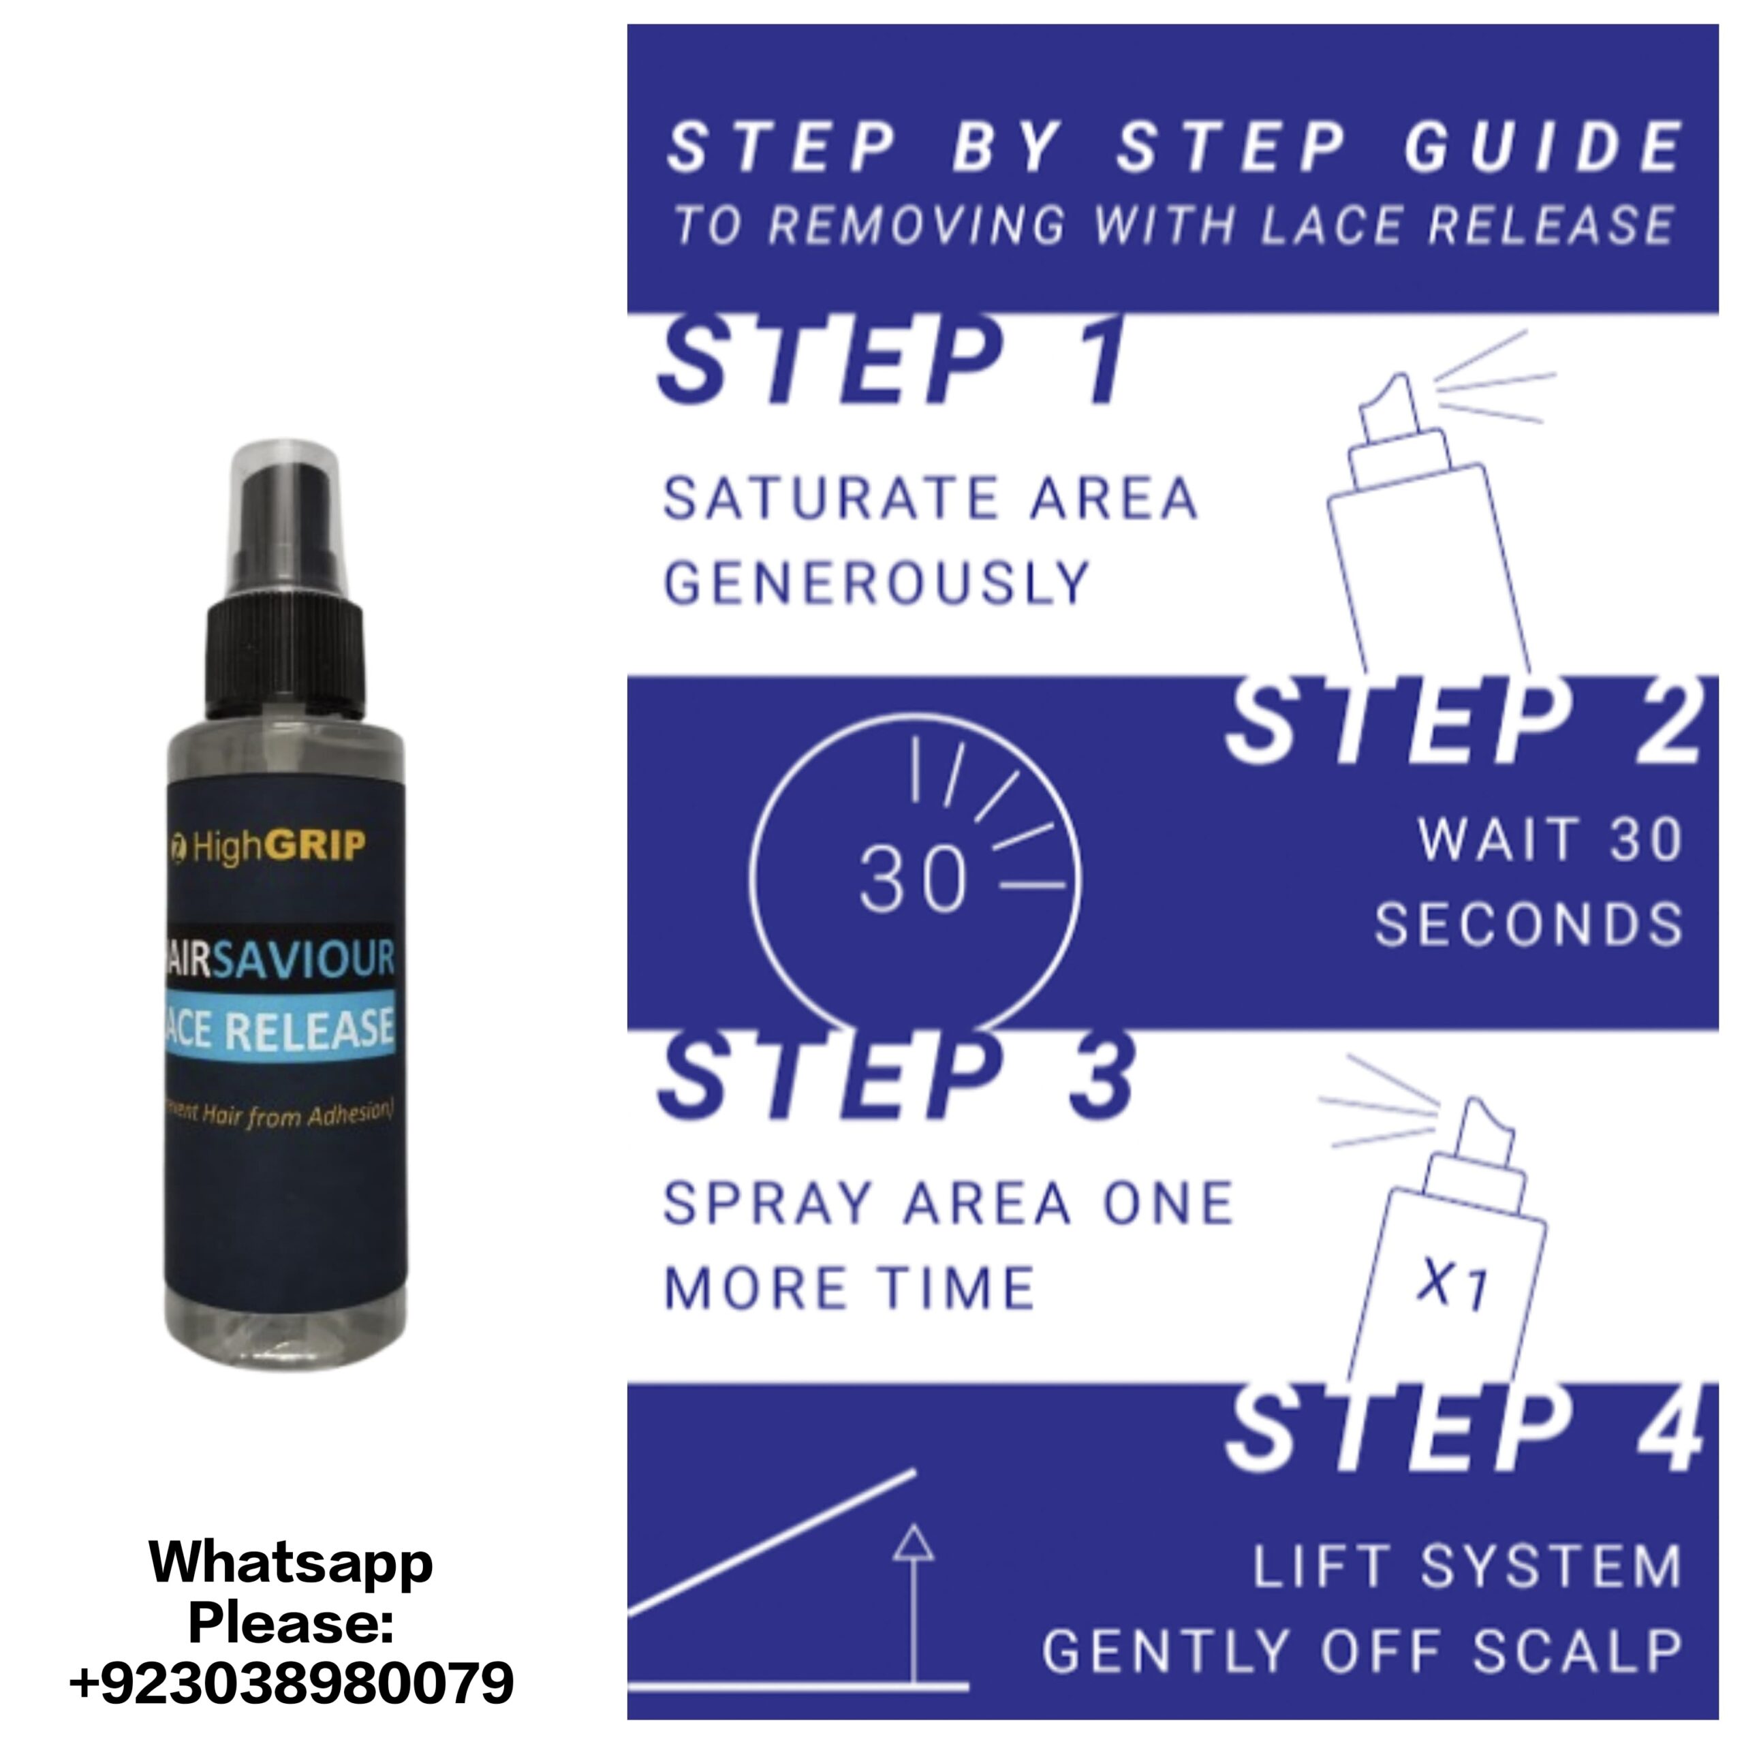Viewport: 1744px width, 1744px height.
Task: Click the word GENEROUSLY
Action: pos(877,582)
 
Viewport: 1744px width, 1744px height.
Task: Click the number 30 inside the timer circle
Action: pos(914,880)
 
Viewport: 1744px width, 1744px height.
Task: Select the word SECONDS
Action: pos(1528,924)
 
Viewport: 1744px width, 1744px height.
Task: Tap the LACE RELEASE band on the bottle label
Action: pos(280,1027)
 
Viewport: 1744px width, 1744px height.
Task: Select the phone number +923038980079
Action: pos(291,1681)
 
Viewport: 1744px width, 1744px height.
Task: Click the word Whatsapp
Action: pos(291,1564)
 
